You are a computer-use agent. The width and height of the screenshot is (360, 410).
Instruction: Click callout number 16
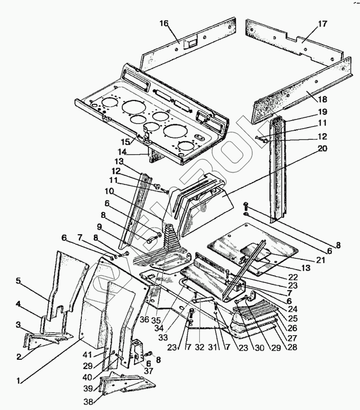coord(163,24)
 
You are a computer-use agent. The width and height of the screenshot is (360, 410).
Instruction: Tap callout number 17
coord(322,24)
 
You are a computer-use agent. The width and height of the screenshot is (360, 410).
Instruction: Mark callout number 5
coord(18,280)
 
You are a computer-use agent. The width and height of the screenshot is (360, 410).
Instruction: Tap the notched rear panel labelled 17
coord(287,38)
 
